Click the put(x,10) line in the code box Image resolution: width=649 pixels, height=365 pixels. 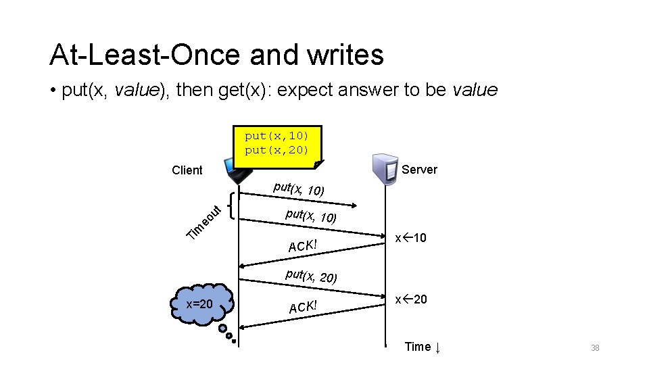pyautogui.click(x=277, y=136)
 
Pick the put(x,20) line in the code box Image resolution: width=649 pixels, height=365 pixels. pyautogui.click(x=277, y=149)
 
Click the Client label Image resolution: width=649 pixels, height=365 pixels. pyautogui.click(x=187, y=170)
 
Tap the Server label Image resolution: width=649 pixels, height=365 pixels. pyautogui.click(x=419, y=170)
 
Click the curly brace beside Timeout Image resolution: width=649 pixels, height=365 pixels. pyautogui.click(x=233, y=205)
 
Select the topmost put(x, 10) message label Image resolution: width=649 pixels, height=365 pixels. pyautogui.click(x=298, y=189)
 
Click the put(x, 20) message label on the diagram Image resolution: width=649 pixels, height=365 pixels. pyautogui.click(x=311, y=276)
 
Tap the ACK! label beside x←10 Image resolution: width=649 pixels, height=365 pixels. pyautogui.click(x=303, y=245)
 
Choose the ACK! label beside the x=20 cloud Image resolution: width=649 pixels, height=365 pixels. pyautogui.click(x=303, y=307)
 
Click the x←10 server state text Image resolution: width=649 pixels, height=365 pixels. pyautogui.click(x=411, y=238)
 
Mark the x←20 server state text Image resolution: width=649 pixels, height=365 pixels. pyautogui.click(x=411, y=299)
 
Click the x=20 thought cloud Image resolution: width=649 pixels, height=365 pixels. pyautogui.click(x=201, y=304)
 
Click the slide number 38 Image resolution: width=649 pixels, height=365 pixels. pyautogui.click(x=595, y=348)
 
